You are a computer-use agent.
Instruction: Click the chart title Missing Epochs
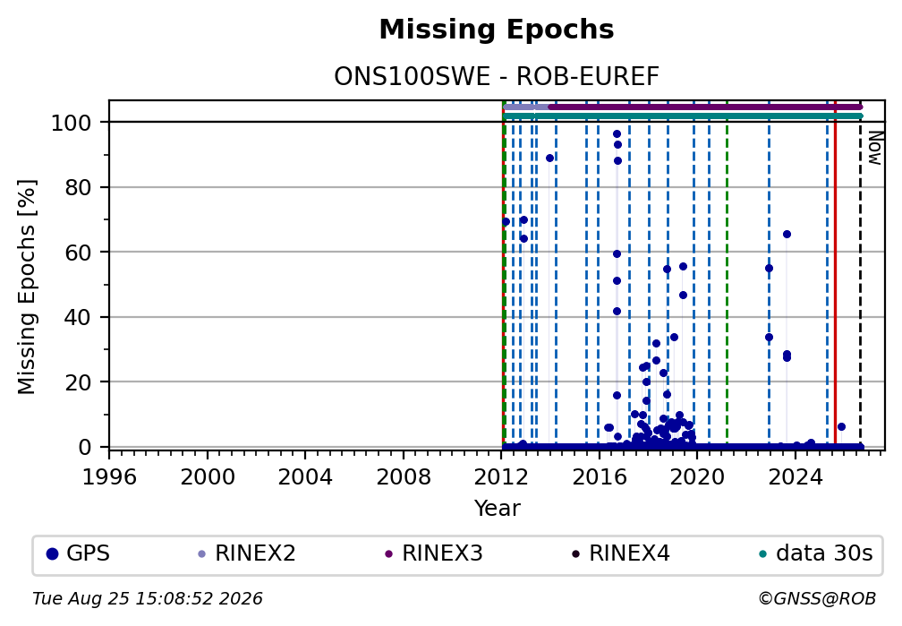(497, 30)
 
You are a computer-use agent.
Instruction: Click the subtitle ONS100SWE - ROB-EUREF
(497, 76)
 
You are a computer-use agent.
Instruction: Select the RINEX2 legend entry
(247, 553)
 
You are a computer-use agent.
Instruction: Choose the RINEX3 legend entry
(434, 553)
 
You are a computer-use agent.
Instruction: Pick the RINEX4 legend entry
(621, 553)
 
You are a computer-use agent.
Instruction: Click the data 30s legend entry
(816, 553)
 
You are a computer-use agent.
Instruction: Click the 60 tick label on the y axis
(78, 253)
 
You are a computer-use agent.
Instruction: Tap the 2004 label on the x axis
(305, 476)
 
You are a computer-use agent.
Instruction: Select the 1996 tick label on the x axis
(109, 476)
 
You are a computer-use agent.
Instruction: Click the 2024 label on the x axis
(795, 476)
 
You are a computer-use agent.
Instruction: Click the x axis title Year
(497, 508)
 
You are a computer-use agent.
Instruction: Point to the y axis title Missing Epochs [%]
(27, 287)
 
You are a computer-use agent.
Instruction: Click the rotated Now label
(875, 148)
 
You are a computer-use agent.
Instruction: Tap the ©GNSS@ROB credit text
(817, 599)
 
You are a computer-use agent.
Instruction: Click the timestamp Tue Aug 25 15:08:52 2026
(148, 599)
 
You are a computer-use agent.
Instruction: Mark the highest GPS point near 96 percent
(617, 134)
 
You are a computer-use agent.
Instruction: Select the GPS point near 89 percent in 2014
(550, 159)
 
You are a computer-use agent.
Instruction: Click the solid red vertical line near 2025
(835, 275)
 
